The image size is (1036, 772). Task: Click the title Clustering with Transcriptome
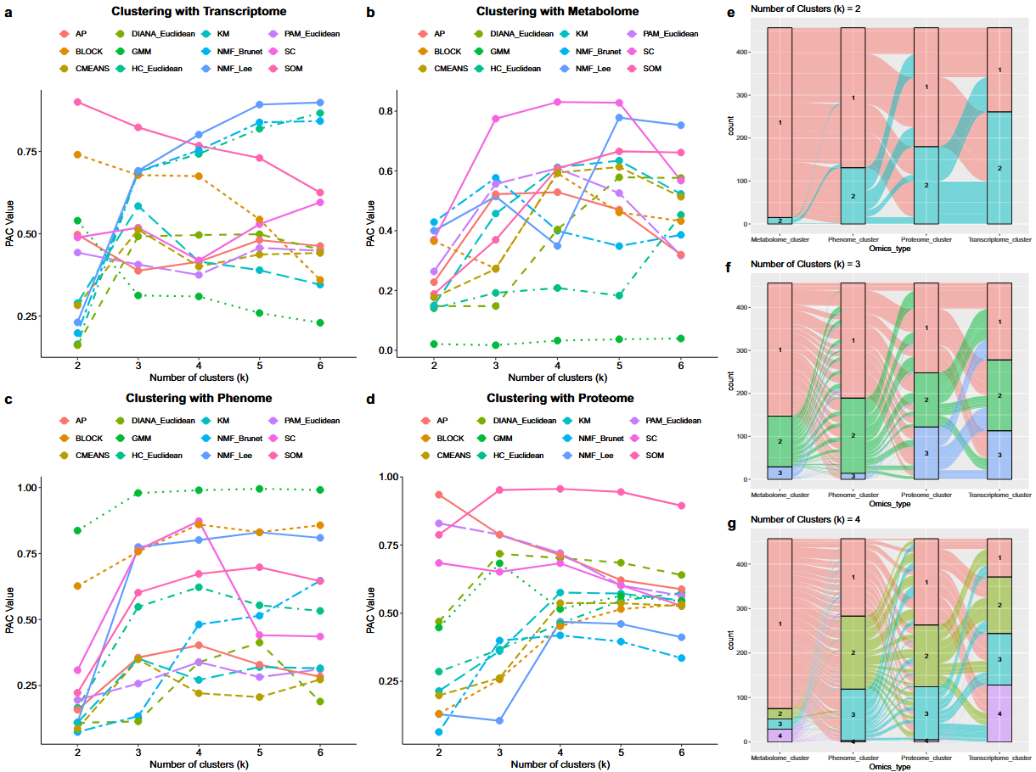point(197,12)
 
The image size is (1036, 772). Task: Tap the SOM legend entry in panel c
point(290,456)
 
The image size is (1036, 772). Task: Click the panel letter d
point(370,397)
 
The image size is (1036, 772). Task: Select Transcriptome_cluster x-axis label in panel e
point(999,241)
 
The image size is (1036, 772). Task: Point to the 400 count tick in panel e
point(743,53)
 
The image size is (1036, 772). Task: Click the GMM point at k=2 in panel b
point(434,344)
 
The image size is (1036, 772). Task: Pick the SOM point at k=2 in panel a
point(77,102)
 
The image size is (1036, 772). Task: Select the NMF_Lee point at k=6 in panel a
point(318,103)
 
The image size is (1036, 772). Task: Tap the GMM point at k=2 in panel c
point(77,530)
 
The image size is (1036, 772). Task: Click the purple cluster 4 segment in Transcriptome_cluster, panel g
point(999,713)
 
